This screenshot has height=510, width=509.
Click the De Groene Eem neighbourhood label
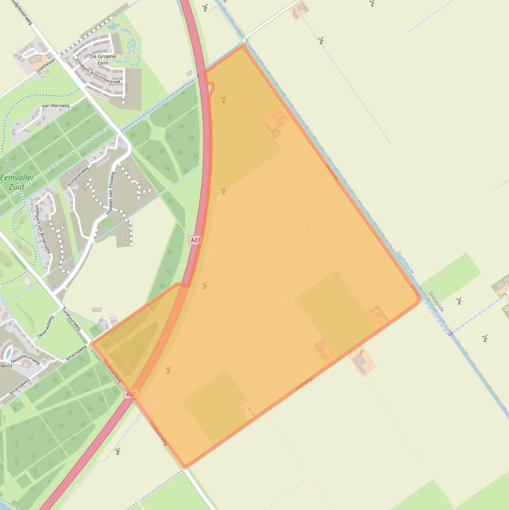point(103,60)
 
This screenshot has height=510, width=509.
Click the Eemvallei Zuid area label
point(18,183)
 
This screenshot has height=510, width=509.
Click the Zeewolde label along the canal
point(436,302)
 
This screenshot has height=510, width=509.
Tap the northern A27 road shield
point(194,240)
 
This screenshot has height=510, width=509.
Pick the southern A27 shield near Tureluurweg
point(131,393)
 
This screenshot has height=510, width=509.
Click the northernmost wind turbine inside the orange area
point(224,100)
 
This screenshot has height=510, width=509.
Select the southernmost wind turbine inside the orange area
point(168,370)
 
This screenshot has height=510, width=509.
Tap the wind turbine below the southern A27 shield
point(117,451)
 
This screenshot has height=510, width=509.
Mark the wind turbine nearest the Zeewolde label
point(458,301)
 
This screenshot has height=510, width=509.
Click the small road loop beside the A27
point(210,87)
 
